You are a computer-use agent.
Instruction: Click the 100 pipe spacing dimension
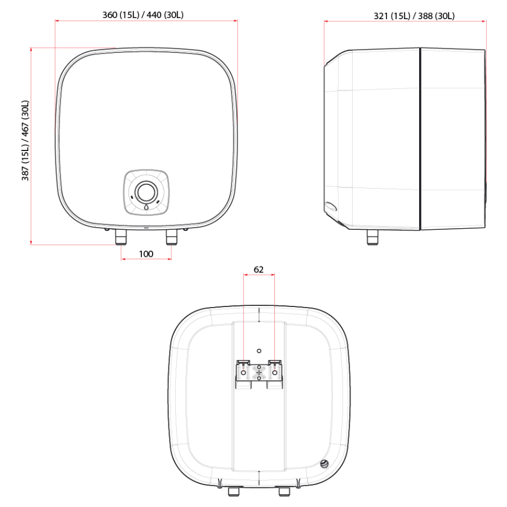146,254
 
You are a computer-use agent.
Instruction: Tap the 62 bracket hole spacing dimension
259,270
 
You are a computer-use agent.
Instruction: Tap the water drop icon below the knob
146,207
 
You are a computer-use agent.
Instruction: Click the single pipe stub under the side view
373,237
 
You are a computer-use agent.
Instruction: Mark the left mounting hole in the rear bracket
243,373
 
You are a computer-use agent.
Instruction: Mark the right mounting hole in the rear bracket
275,373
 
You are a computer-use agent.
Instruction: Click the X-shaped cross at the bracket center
259,373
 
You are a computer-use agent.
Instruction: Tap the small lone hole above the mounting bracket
259,350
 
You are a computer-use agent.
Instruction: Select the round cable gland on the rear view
325,463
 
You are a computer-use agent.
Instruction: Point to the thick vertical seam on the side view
420,138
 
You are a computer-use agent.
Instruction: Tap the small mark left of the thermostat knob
132,198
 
